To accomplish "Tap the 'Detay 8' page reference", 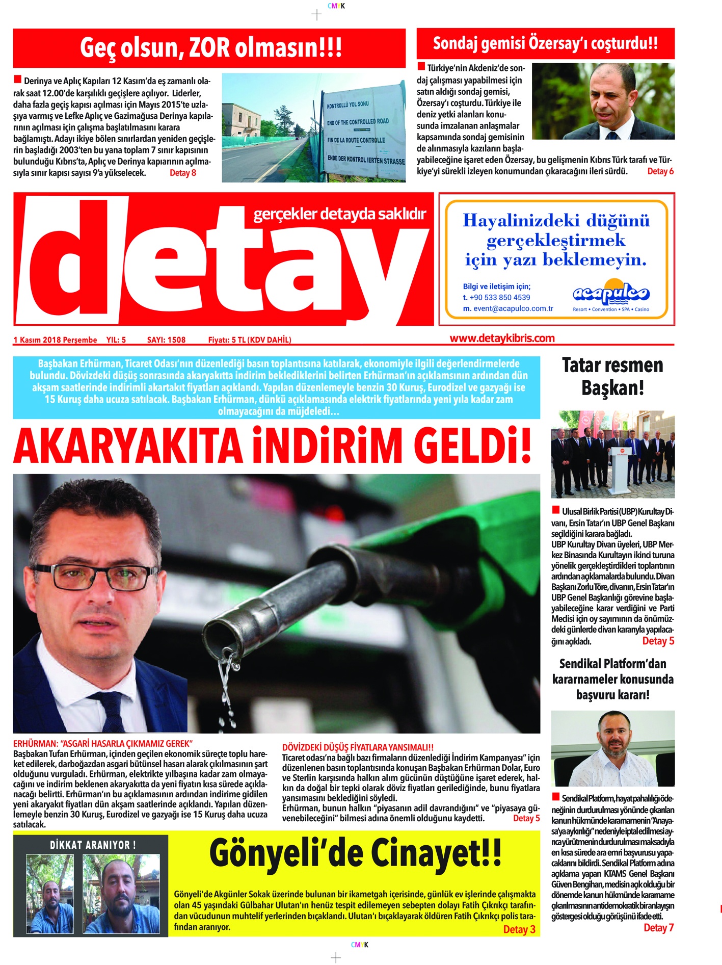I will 182,173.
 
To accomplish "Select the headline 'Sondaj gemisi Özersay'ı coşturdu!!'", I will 545,43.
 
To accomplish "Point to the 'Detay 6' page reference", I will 660,171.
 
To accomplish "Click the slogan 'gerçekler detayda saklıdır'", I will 339,214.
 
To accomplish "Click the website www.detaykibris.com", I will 502,338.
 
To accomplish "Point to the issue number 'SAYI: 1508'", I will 166,340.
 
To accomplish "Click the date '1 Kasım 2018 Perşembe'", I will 55,340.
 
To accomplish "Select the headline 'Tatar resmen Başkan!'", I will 612,376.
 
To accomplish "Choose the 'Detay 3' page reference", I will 519,929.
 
